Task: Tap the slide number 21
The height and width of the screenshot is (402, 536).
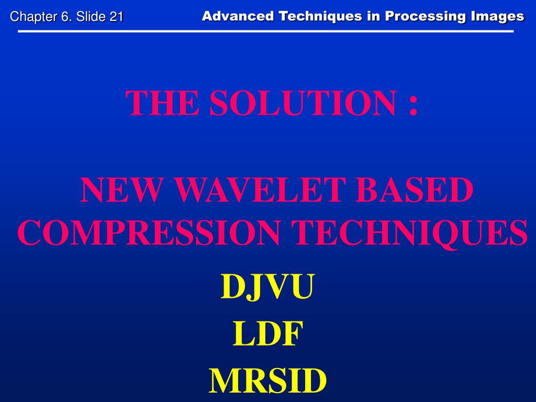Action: [116, 17]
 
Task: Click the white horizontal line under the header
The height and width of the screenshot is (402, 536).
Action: [266, 31]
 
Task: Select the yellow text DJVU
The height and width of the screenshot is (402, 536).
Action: [267, 287]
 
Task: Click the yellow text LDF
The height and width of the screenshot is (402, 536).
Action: [267, 334]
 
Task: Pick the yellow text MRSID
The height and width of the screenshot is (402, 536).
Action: [267, 381]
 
